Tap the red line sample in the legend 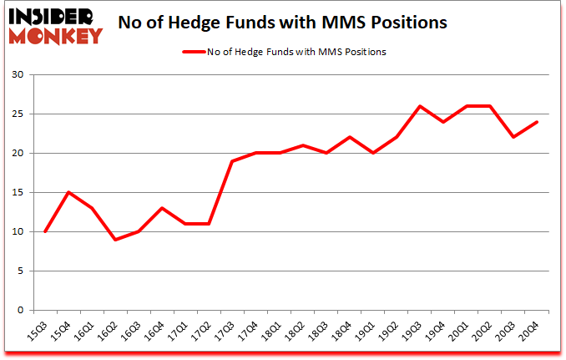tap(195, 52)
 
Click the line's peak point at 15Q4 tap(69, 192)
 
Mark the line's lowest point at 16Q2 tap(116, 240)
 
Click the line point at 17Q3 tap(233, 161)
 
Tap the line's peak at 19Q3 tap(420, 106)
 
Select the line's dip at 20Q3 tap(513, 137)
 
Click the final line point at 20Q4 tap(537, 122)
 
